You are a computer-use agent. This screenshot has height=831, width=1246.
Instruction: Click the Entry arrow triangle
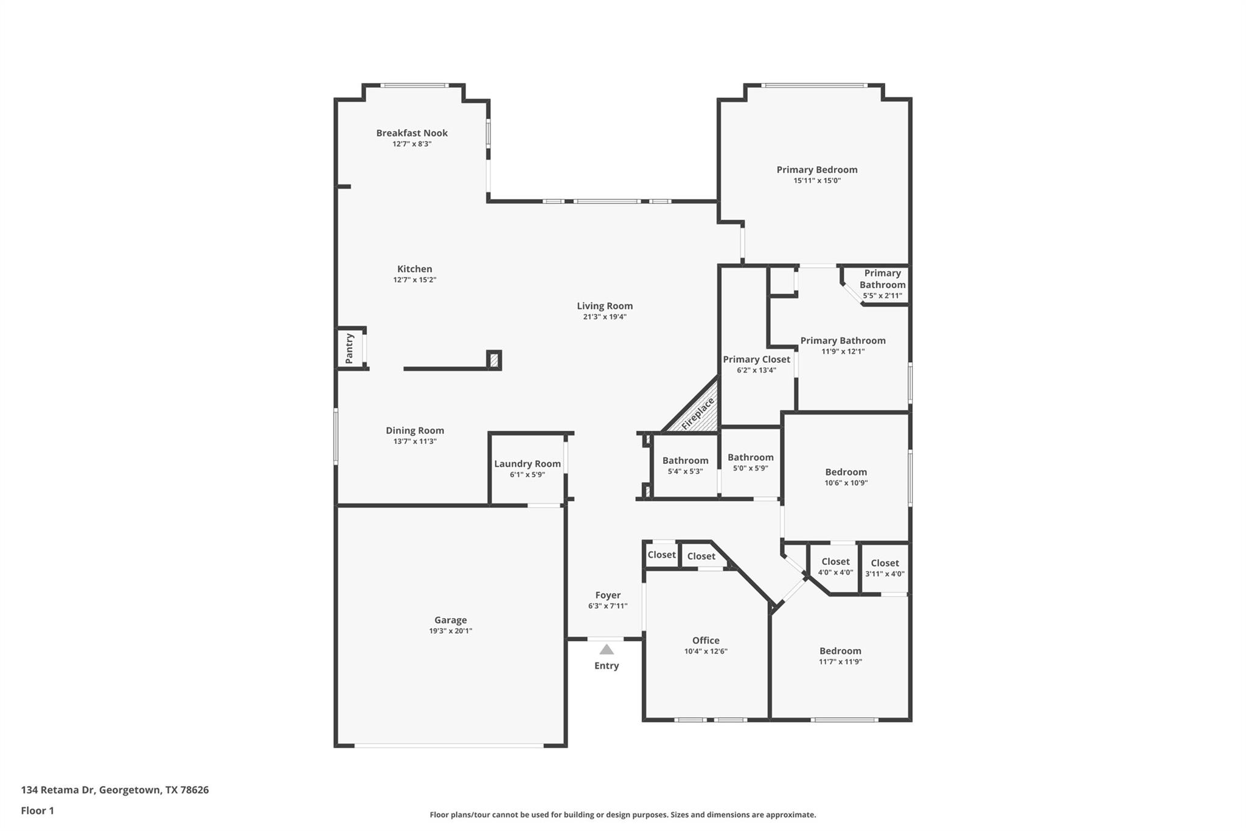(x=607, y=650)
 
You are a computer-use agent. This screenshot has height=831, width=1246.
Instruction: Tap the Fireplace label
(x=698, y=413)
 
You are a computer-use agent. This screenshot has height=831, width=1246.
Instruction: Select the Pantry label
(x=349, y=348)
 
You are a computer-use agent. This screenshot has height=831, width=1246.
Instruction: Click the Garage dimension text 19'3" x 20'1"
(x=450, y=631)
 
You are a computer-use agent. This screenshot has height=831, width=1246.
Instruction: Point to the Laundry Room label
(x=527, y=464)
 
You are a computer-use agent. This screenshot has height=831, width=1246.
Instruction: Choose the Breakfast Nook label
(x=411, y=133)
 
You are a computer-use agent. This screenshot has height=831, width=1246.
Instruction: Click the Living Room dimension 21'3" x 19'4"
(x=604, y=317)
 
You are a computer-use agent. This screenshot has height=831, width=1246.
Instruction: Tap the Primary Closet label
(x=756, y=359)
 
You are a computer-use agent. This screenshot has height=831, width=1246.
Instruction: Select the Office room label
(x=706, y=640)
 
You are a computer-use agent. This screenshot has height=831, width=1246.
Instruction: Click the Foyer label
(x=608, y=595)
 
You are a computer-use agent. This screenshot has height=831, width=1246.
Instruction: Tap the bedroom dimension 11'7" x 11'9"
(x=840, y=662)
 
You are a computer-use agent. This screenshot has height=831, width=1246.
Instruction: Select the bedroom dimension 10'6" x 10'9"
(x=846, y=483)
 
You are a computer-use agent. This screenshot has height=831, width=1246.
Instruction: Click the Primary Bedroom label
(x=816, y=170)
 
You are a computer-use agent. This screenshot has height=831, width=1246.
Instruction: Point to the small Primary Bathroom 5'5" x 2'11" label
(x=882, y=284)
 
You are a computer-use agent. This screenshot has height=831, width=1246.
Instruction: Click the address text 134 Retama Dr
(x=58, y=790)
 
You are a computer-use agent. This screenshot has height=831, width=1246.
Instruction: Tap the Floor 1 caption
(x=38, y=810)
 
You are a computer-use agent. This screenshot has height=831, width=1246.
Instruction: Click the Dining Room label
(x=414, y=430)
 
